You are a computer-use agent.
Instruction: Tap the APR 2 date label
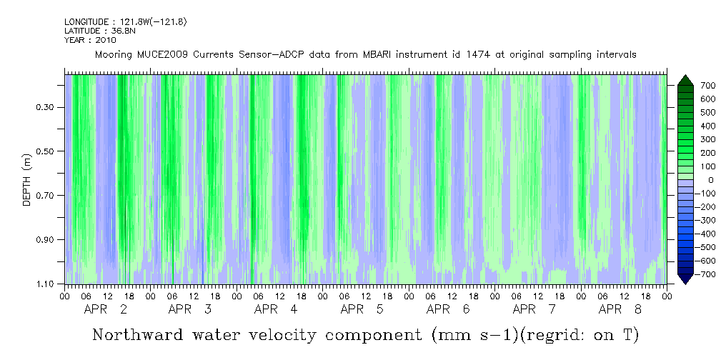pos(106,309)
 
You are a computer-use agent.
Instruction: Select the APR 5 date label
pos(362,309)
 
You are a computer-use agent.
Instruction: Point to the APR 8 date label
pos(620,309)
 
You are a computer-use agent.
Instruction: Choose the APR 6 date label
pos(448,309)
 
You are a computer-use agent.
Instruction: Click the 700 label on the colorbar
pos(688,86)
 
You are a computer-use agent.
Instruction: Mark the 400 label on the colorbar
pos(688,126)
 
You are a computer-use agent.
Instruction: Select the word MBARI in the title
pos(387,55)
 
